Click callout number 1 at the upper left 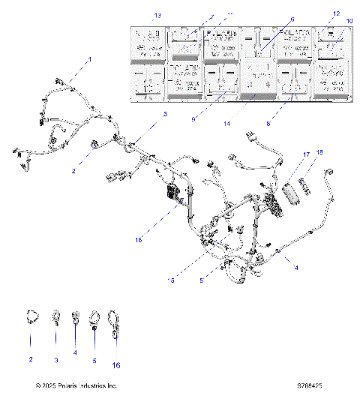tap(89, 58)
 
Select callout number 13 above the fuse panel tap(136, 15)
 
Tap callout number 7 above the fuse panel tap(191, 15)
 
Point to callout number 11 tap(210, 15)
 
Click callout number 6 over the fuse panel tap(292, 20)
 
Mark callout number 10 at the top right tap(349, 20)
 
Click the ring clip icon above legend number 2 tap(31, 317)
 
